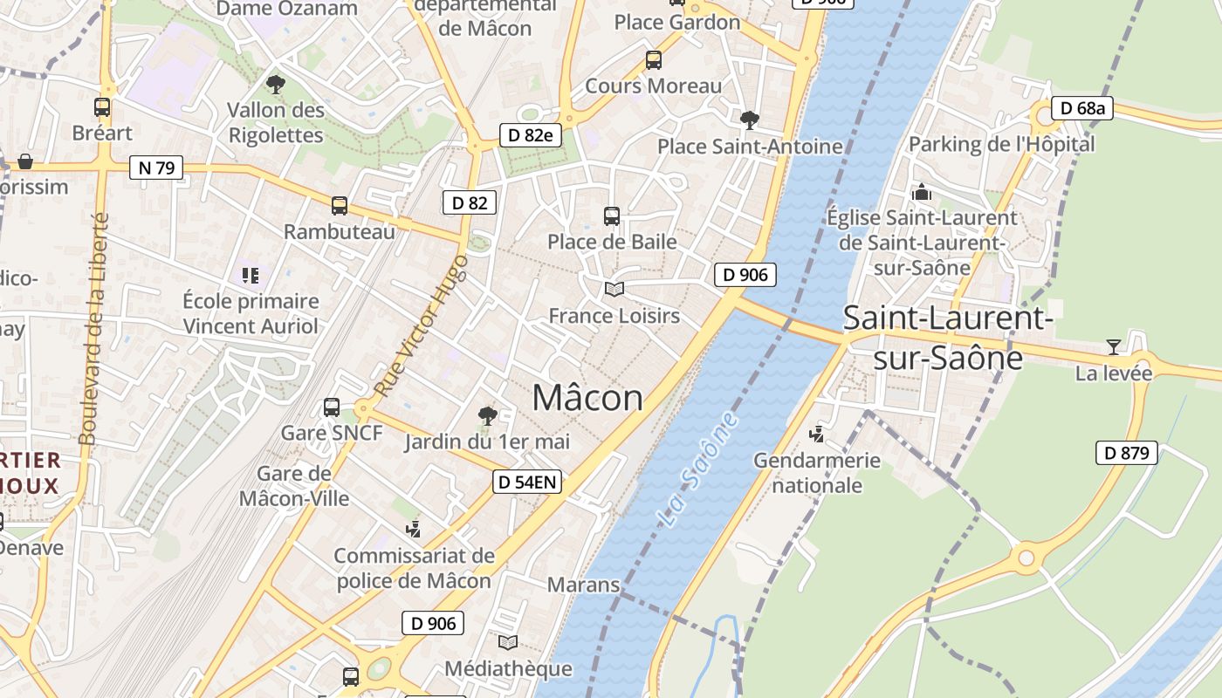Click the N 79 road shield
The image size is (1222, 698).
[156, 168]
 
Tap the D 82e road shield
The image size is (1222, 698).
[531, 135]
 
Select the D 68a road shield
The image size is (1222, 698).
[1082, 108]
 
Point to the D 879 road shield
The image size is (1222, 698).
[1127, 453]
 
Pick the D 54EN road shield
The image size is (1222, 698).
[526, 482]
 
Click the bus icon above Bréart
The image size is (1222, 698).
[102, 107]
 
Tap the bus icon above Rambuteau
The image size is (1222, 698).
[340, 206]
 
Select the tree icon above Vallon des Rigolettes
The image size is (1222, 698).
[276, 85]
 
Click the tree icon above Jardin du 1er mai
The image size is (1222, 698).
[488, 416]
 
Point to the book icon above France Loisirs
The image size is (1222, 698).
[614, 289]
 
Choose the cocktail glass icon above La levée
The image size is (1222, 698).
[1113, 347]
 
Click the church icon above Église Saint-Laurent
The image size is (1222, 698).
[922, 192]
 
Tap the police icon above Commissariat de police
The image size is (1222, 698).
[414, 529]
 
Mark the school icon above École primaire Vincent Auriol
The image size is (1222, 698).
[251, 276]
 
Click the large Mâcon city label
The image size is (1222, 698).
[587, 398]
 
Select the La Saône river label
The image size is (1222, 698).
[697, 469]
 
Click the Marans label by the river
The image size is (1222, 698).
[583, 585]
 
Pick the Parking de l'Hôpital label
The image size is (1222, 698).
[1002, 144]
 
